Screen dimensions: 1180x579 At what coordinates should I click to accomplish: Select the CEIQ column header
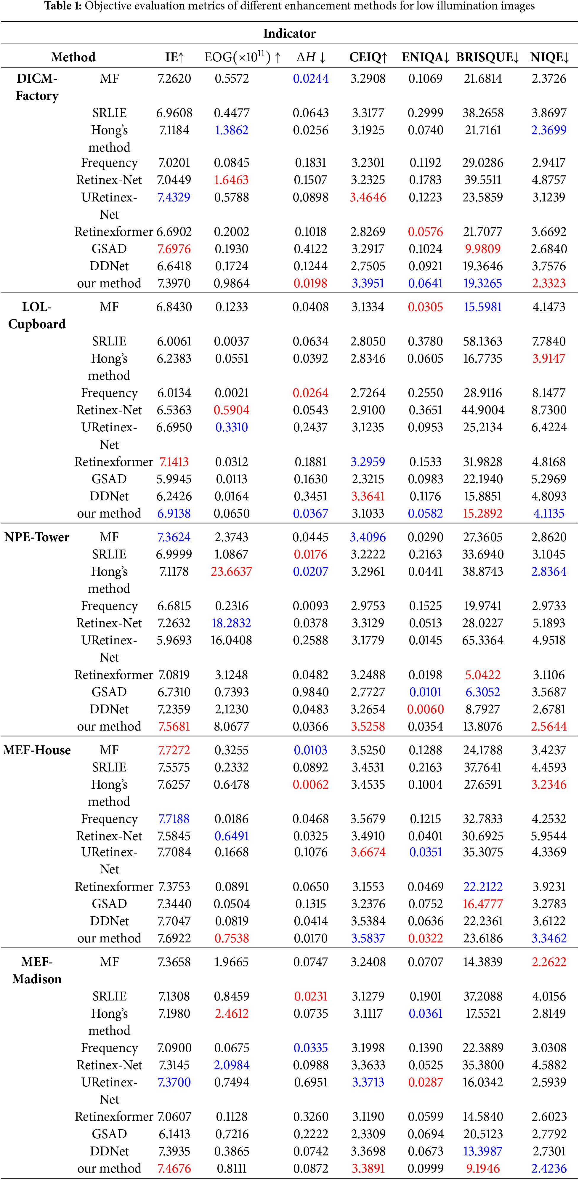coord(368,57)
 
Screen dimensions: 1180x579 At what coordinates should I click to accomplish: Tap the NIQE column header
coord(549,57)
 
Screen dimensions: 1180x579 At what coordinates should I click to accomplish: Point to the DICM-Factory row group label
coord(37,87)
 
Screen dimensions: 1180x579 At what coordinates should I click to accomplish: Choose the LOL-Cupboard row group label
coord(37,316)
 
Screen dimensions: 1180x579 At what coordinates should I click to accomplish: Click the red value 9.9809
coord(483,249)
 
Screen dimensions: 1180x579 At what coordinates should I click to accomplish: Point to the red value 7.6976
coord(174,249)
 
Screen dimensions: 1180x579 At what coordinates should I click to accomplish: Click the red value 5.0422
coord(483,675)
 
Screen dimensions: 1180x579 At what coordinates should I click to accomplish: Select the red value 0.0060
coord(426,709)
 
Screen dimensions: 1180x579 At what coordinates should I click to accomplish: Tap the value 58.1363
coord(483,341)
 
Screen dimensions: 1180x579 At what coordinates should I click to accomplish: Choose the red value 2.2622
coord(549,962)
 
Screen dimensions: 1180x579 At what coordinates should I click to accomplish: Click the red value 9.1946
coord(483,1168)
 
